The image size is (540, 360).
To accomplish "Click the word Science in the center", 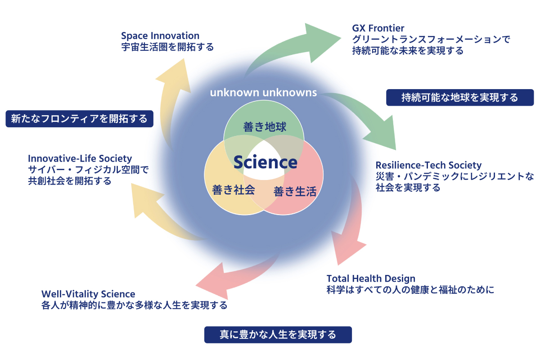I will pyautogui.click(x=265, y=162).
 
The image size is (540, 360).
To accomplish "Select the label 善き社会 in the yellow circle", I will pyautogui.click(x=234, y=189).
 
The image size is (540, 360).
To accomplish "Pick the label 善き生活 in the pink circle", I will pyautogui.click(x=295, y=192).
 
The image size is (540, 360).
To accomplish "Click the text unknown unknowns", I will pyautogui.click(x=263, y=93).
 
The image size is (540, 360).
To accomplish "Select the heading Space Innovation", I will pyautogui.click(x=160, y=36).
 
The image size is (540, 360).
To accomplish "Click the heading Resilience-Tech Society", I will pyautogui.click(x=428, y=165).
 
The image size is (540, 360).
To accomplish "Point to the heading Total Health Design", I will pyautogui.click(x=371, y=279).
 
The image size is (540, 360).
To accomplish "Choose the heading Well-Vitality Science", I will pyautogui.click(x=88, y=294).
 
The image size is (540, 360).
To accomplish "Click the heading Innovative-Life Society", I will pyautogui.click(x=80, y=158).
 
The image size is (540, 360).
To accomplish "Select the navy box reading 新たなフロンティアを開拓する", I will pyautogui.click(x=79, y=119).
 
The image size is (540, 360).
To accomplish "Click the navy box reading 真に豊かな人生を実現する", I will pyautogui.click(x=278, y=335).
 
